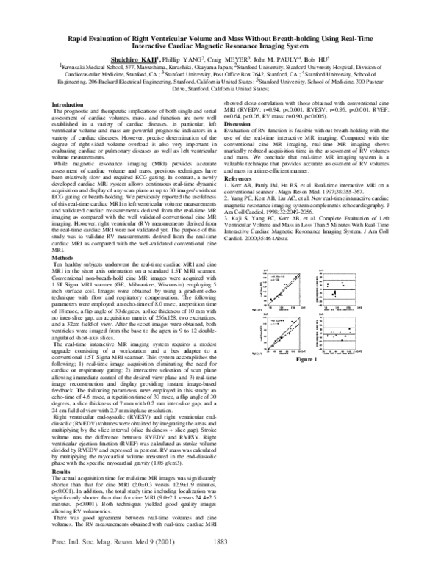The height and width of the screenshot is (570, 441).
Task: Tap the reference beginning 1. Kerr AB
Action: (x=309, y=193)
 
